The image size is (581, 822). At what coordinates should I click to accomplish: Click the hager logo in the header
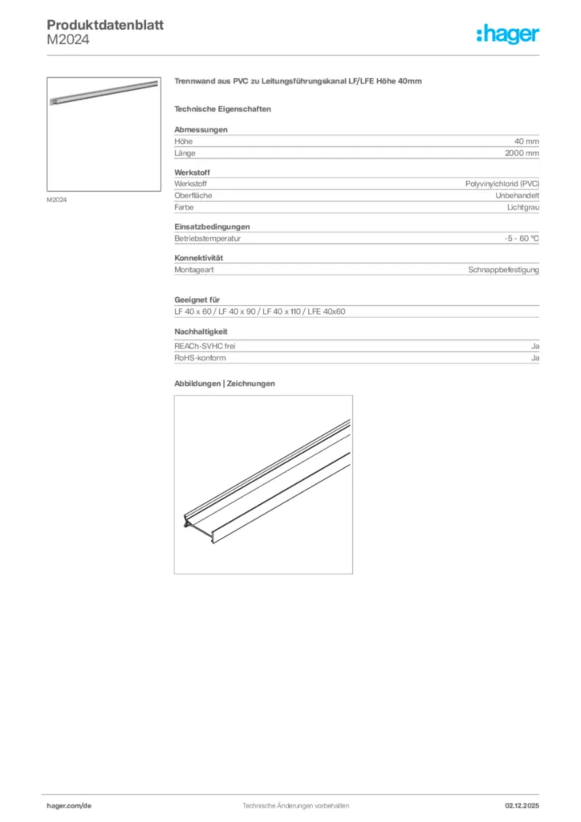coord(506,34)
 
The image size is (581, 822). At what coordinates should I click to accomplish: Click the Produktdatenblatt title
coord(105,26)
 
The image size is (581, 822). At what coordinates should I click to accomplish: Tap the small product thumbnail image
coord(104,134)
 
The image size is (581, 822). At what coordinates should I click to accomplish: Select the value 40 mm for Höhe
coord(526,141)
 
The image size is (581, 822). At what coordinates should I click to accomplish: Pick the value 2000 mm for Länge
coord(522,153)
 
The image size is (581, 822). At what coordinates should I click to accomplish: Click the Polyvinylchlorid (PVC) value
coord(502,184)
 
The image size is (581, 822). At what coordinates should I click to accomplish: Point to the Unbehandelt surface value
coord(518,195)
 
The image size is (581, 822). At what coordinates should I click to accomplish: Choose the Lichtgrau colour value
coord(523,207)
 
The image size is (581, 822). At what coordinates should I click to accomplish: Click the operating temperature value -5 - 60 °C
coord(517,238)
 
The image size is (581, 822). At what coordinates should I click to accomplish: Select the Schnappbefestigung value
coord(504,270)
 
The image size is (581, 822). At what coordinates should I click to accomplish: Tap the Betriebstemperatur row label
coord(208,238)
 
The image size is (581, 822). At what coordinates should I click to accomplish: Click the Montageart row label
coord(193,270)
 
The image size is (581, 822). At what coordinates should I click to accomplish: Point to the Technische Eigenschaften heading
coord(222,108)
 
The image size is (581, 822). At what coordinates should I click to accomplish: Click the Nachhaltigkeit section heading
coord(201,332)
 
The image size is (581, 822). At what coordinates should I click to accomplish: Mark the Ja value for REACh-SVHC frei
coord(535,346)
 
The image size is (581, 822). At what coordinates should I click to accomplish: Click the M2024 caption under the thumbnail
coord(56,199)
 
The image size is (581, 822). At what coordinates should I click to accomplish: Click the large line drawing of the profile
coord(263,484)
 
